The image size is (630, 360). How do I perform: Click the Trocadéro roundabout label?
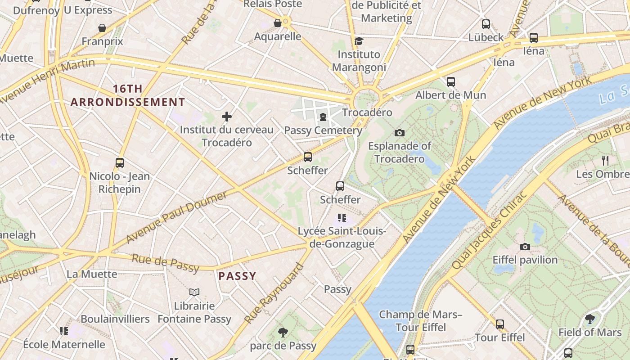[367, 112]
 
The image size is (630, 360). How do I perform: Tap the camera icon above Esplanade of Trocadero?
[399, 133]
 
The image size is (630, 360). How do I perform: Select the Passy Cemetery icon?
[323, 117]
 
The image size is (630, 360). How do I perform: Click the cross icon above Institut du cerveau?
[227, 117]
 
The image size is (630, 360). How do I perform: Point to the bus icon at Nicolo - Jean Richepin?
[119, 163]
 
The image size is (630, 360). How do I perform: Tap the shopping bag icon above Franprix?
[102, 28]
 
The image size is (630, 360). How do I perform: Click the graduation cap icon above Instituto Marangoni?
[359, 41]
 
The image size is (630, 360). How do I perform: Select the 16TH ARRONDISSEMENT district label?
[128, 95]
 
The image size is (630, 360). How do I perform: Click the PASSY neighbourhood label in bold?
[237, 276]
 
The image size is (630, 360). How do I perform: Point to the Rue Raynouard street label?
[274, 293]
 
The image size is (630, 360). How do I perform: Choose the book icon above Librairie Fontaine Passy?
[194, 292]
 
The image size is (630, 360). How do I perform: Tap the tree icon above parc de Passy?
[283, 333]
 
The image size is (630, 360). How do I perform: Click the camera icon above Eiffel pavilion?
[525, 247]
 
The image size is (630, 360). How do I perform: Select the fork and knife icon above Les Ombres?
[605, 160]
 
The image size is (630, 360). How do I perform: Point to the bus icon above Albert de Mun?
[450, 82]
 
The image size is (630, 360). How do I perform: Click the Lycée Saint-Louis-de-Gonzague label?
[342, 238]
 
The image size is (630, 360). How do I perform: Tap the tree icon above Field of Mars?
[589, 319]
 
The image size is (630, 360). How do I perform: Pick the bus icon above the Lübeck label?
[486, 24]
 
